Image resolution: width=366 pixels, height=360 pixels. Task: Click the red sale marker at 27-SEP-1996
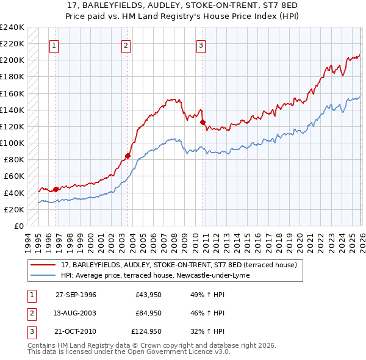click(x=56, y=189)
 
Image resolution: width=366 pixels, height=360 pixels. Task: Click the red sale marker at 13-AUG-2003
click(x=127, y=156)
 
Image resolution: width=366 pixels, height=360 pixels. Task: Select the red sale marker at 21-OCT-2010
click(x=203, y=122)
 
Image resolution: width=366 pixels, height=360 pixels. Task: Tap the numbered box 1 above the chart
click(x=54, y=45)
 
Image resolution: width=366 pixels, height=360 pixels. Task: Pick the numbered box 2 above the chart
click(x=126, y=45)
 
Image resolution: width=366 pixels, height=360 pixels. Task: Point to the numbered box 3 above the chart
click(x=201, y=45)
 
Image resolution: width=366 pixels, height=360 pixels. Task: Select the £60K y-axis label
click(x=14, y=176)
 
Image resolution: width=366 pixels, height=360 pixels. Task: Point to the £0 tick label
click(x=19, y=226)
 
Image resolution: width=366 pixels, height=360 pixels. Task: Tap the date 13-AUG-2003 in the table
click(x=76, y=313)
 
